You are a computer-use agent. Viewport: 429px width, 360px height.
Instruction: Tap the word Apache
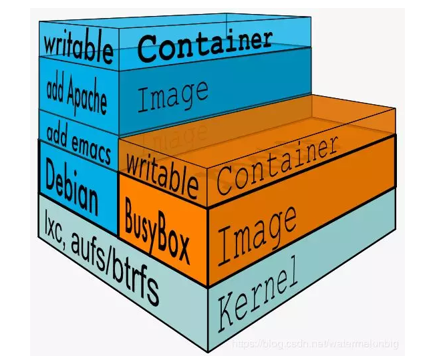coord(86,98)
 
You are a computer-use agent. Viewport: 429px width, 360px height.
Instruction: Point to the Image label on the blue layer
coord(172,96)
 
